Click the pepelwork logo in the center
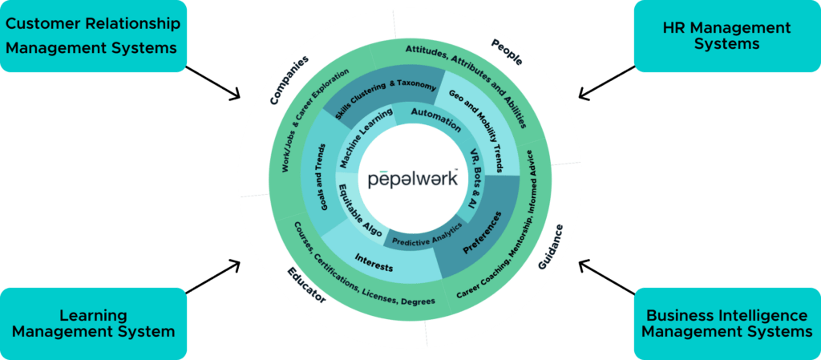coord(413,178)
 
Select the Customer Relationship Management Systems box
coord(94,36)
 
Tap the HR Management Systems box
coord(726,36)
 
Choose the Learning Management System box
coord(94,323)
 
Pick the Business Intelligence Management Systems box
coord(726,322)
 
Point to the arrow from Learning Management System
coord(214,275)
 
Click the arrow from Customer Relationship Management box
coord(215,83)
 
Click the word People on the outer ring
coord(507,52)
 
